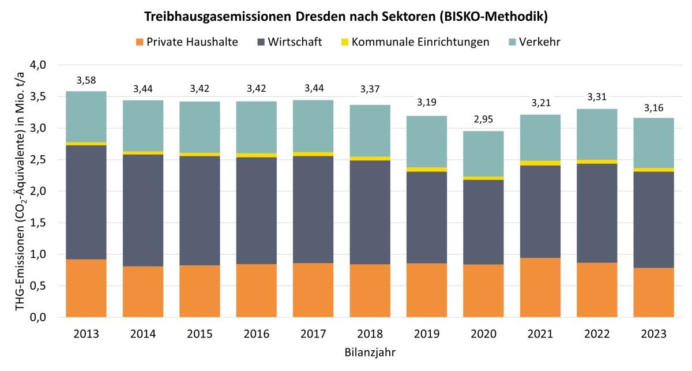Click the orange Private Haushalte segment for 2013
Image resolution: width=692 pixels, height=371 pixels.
coord(86,288)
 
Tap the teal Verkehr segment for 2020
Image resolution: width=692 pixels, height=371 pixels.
coord(483,153)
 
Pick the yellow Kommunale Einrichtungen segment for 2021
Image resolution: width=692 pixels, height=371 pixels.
coord(540,163)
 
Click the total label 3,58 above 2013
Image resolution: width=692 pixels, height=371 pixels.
coord(86,80)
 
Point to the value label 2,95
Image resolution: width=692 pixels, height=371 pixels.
coord(483,119)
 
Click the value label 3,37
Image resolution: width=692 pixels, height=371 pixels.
coord(370,88)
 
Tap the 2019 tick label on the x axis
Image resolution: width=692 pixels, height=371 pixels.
coord(426,333)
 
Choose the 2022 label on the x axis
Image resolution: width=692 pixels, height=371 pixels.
coord(597,333)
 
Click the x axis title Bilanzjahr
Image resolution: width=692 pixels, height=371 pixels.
coord(370,351)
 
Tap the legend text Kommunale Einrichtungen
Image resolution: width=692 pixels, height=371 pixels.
coord(420,42)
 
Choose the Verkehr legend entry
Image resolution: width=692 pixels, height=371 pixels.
coord(540,42)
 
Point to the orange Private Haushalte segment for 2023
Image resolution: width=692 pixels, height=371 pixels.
coord(653,293)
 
